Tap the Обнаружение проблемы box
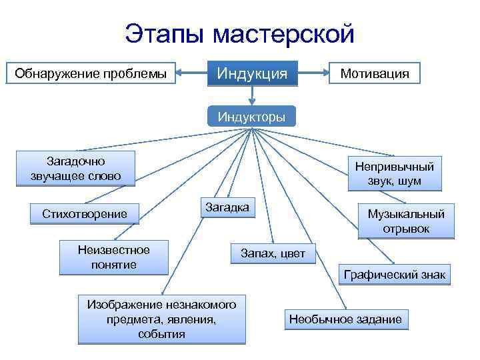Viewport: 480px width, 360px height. point(91,73)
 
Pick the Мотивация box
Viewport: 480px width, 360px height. point(375,73)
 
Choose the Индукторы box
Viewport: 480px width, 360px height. point(251,117)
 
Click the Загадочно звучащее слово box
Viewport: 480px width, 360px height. point(75,169)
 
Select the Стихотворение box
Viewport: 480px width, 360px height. point(85,214)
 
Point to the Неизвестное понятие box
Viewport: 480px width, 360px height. point(113,257)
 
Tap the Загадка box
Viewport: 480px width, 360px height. point(227,208)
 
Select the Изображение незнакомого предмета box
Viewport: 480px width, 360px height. point(161,319)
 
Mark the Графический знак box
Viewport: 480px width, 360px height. point(395,274)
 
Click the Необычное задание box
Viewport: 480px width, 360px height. point(345,319)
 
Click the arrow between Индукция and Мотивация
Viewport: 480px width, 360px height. point(313,72)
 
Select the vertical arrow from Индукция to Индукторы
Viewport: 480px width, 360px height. point(252,95)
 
